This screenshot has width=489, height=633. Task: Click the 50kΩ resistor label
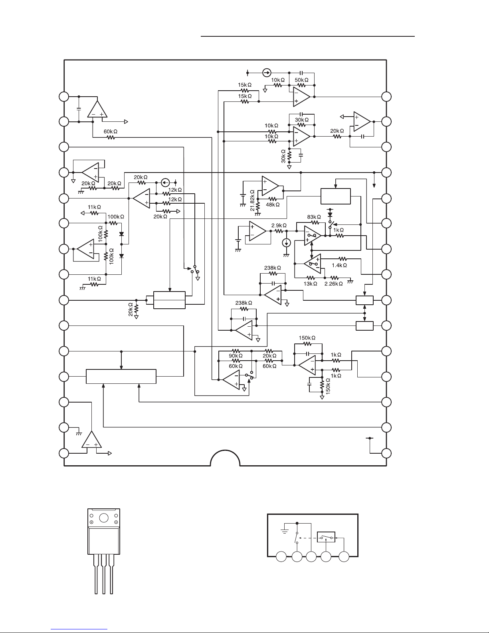(301, 80)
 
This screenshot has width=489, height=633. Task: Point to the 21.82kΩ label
(252, 200)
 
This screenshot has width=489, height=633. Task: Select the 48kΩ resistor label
(273, 205)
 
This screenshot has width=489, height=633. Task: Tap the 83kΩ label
(314, 217)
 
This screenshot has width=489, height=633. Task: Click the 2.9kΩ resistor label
(279, 226)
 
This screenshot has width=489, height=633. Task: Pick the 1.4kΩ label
(339, 265)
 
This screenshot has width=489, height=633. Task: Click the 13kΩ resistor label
(310, 284)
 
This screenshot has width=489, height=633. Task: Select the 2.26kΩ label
(334, 284)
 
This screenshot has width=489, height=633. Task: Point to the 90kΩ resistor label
(236, 356)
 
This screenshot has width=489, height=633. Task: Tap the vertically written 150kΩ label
(328, 386)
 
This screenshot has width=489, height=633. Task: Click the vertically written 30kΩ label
(283, 156)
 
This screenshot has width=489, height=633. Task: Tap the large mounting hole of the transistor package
(104, 518)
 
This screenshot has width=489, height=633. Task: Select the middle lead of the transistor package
(104, 574)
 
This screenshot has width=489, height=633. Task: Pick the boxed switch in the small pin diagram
(326, 537)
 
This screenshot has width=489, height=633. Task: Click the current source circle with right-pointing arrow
(267, 73)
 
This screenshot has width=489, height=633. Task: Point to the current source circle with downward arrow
(287, 243)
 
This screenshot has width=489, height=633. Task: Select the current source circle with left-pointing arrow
(165, 183)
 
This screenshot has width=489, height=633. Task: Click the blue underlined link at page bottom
(79, 629)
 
